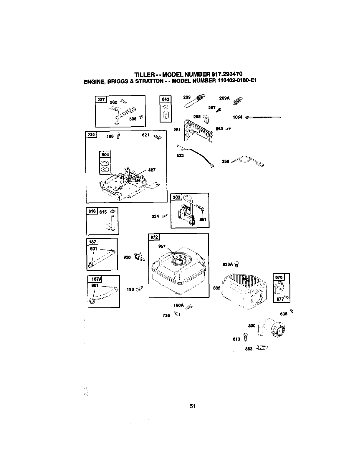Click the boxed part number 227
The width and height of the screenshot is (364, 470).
coord(101,100)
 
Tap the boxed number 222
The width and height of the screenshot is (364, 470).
coord(91,135)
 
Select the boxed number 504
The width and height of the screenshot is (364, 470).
coord(105,155)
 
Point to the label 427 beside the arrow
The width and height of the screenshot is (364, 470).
coord(152,170)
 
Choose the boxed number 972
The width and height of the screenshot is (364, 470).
coord(154,237)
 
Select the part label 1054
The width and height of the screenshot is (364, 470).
coord(237,117)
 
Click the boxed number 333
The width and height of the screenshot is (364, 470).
coord(176,197)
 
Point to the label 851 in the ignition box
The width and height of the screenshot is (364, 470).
coord(203,219)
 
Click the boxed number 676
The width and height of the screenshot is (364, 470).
coord(279,277)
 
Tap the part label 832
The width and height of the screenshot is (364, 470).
coord(217,288)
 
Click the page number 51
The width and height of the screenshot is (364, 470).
coord(193,406)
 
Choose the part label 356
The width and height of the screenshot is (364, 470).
coord(225,161)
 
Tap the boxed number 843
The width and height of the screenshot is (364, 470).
coord(166,100)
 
